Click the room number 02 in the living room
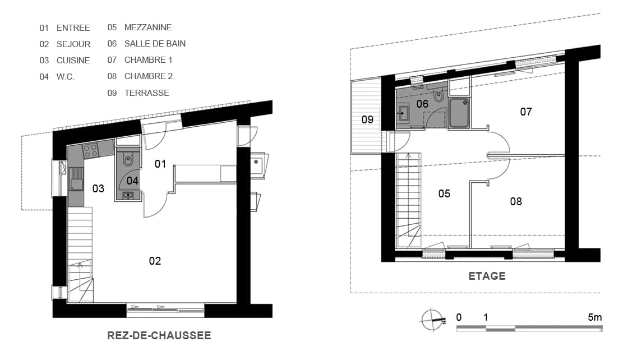[155, 261]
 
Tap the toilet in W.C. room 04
[128, 160]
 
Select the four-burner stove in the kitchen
[90, 151]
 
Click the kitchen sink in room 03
[76, 179]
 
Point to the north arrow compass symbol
[433, 320]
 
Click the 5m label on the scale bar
[595, 317]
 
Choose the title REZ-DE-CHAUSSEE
[159, 335]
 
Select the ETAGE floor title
[487, 276]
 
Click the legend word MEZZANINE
[148, 27]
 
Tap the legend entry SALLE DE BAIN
[155, 44]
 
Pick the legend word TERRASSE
[146, 93]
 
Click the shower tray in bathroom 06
[459, 113]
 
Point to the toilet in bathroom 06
[439, 96]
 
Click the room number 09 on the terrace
[367, 119]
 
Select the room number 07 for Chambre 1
[526, 112]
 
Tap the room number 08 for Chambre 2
[516, 201]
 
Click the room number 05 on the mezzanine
[444, 194]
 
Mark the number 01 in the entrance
[160, 164]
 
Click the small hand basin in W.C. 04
[128, 195]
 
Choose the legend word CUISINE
[73, 61]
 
